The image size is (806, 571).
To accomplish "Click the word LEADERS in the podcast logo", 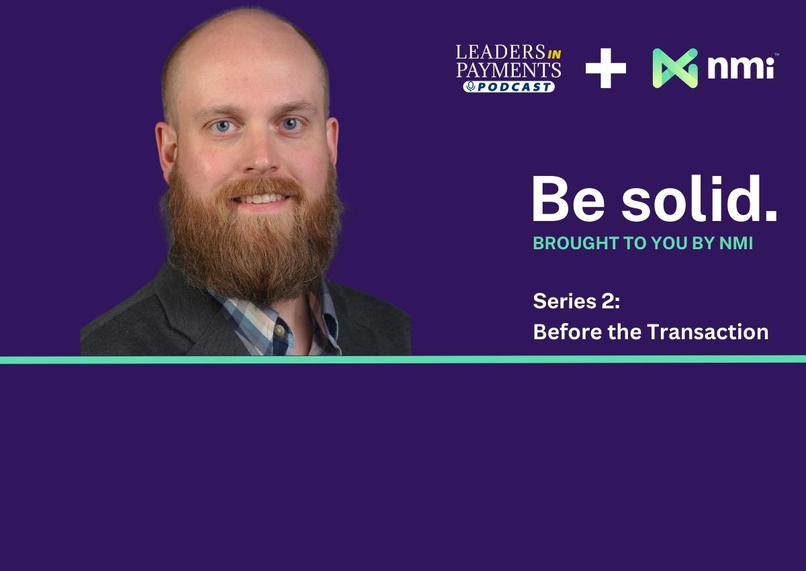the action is point(500,52).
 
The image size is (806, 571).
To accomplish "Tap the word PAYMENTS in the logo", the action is point(508,70).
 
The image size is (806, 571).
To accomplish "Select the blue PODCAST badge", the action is point(509,87).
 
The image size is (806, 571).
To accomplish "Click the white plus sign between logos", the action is point(606,68).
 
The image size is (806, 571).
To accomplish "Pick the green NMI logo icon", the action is point(675,68).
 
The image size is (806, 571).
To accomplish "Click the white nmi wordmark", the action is point(741,67).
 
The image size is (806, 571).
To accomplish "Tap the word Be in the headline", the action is point(568,199).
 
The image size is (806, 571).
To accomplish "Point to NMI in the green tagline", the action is point(736,244).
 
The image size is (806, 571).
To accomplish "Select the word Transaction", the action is point(708,332).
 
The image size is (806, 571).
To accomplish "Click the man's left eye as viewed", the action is point(223,126).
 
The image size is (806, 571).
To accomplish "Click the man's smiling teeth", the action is point(261,198).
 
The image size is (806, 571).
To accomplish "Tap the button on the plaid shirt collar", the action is point(279,331).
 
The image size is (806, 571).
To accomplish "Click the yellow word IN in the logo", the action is point(554,54).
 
